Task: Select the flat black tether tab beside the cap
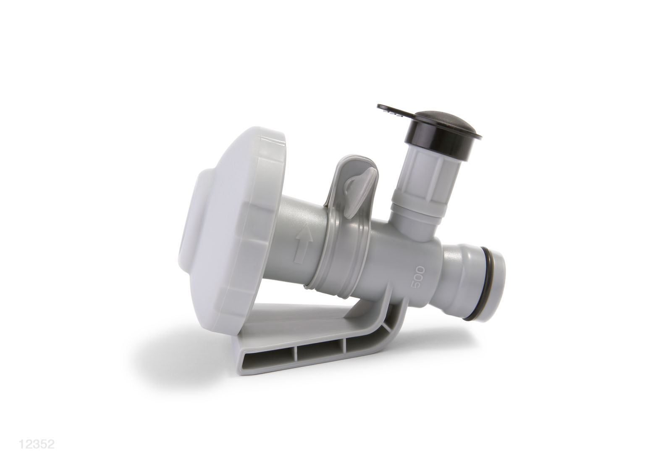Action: click(x=393, y=112)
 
